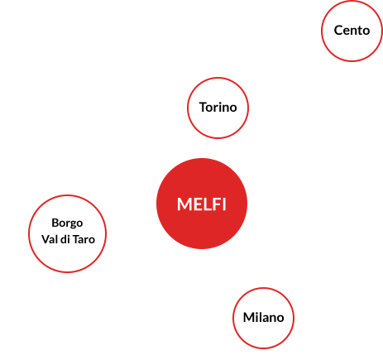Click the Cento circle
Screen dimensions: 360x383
pos(352,31)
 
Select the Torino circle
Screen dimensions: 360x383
pos(218,108)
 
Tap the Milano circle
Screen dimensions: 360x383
pos(263,318)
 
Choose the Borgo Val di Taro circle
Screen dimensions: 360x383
pos(67,231)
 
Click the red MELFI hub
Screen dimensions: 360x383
pos(201,204)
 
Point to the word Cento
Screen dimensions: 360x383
pos(352,31)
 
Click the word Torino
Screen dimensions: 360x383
pos(218,108)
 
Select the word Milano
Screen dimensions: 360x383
pos(263,318)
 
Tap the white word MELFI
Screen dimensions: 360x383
pos(201,204)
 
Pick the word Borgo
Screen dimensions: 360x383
pos(67,223)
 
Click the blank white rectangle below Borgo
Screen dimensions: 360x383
pos(83,323)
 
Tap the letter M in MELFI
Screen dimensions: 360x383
pos(184,204)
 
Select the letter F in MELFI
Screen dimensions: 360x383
pos(213,204)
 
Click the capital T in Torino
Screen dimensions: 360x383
pos(203,108)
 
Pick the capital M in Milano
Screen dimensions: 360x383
pos(248,318)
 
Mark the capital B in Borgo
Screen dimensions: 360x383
pos(55,223)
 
